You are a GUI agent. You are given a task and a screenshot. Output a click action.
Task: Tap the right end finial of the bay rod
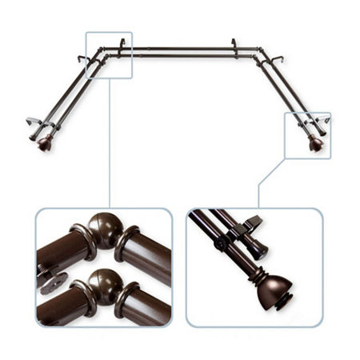pos(316,144)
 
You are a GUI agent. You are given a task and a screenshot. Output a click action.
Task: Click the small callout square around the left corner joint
pos(108,54)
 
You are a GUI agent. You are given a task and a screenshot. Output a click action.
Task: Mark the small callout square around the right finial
pos(308,135)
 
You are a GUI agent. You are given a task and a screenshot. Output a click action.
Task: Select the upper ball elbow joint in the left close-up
pos(105,231)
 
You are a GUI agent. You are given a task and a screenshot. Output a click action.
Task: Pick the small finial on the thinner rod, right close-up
pos(258,250)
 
